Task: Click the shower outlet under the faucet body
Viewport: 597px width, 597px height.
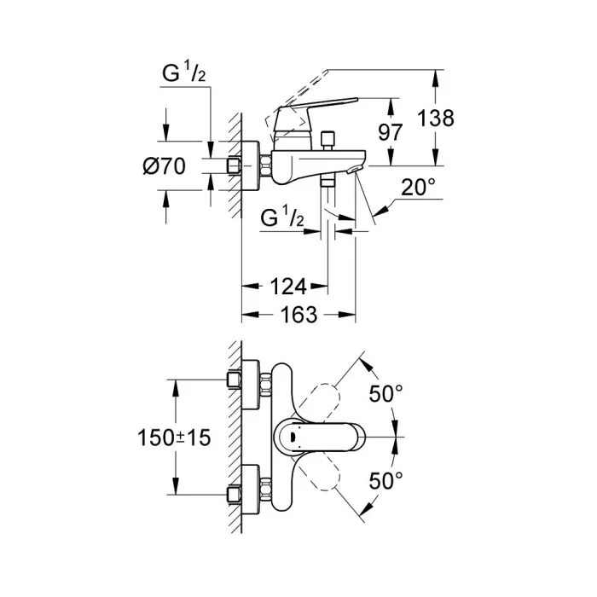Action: (326, 183)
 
